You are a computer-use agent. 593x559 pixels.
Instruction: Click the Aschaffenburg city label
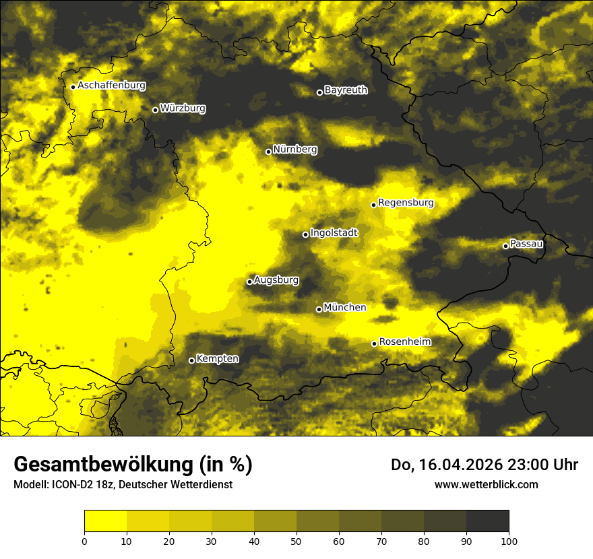(x=111, y=86)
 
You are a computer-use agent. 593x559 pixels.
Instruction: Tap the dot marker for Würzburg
(x=155, y=110)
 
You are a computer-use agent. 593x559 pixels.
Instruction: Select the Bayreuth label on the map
(x=346, y=90)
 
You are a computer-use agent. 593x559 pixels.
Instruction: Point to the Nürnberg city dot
(x=268, y=152)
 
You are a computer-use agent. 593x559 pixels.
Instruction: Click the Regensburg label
(x=406, y=202)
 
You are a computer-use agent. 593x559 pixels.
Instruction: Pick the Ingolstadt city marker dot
(x=305, y=234)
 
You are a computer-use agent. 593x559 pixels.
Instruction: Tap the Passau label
(x=526, y=243)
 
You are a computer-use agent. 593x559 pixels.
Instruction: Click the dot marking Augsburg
(x=249, y=282)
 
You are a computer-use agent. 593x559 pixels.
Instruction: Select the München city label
(x=345, y=307)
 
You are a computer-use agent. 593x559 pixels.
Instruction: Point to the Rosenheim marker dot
(x=374, y=344)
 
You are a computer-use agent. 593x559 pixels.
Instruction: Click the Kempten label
(x=217, y=358)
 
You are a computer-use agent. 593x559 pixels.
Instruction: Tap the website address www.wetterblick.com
(x=486, y=484)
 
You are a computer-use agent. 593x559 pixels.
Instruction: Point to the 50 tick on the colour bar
(x=296, y=540)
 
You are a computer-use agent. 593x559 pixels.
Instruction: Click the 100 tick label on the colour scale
(x=509, y=540)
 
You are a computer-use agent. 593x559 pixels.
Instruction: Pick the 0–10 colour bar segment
(x=105, y=521)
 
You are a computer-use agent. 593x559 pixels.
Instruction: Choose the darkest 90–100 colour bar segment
(x=487, y=521)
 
